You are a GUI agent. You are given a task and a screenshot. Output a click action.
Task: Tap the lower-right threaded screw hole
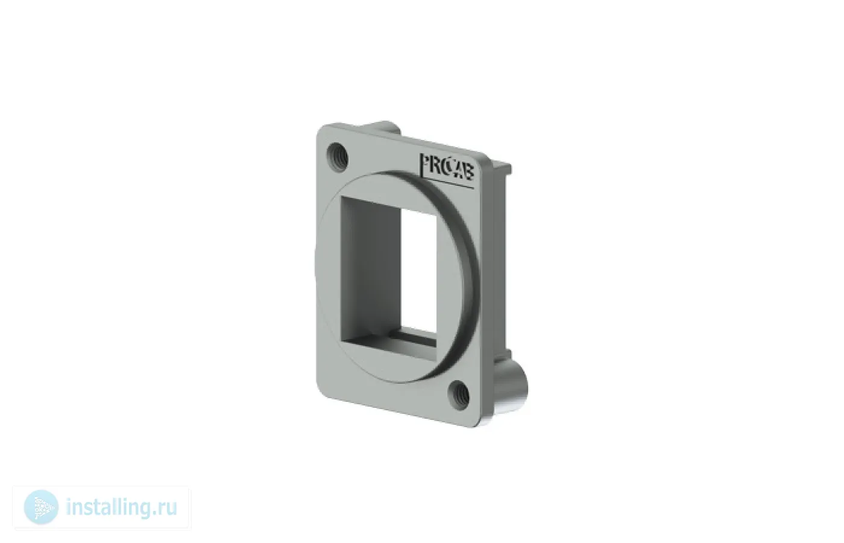click(459, 394)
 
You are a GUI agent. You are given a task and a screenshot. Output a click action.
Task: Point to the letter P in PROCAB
click(424, 165)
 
